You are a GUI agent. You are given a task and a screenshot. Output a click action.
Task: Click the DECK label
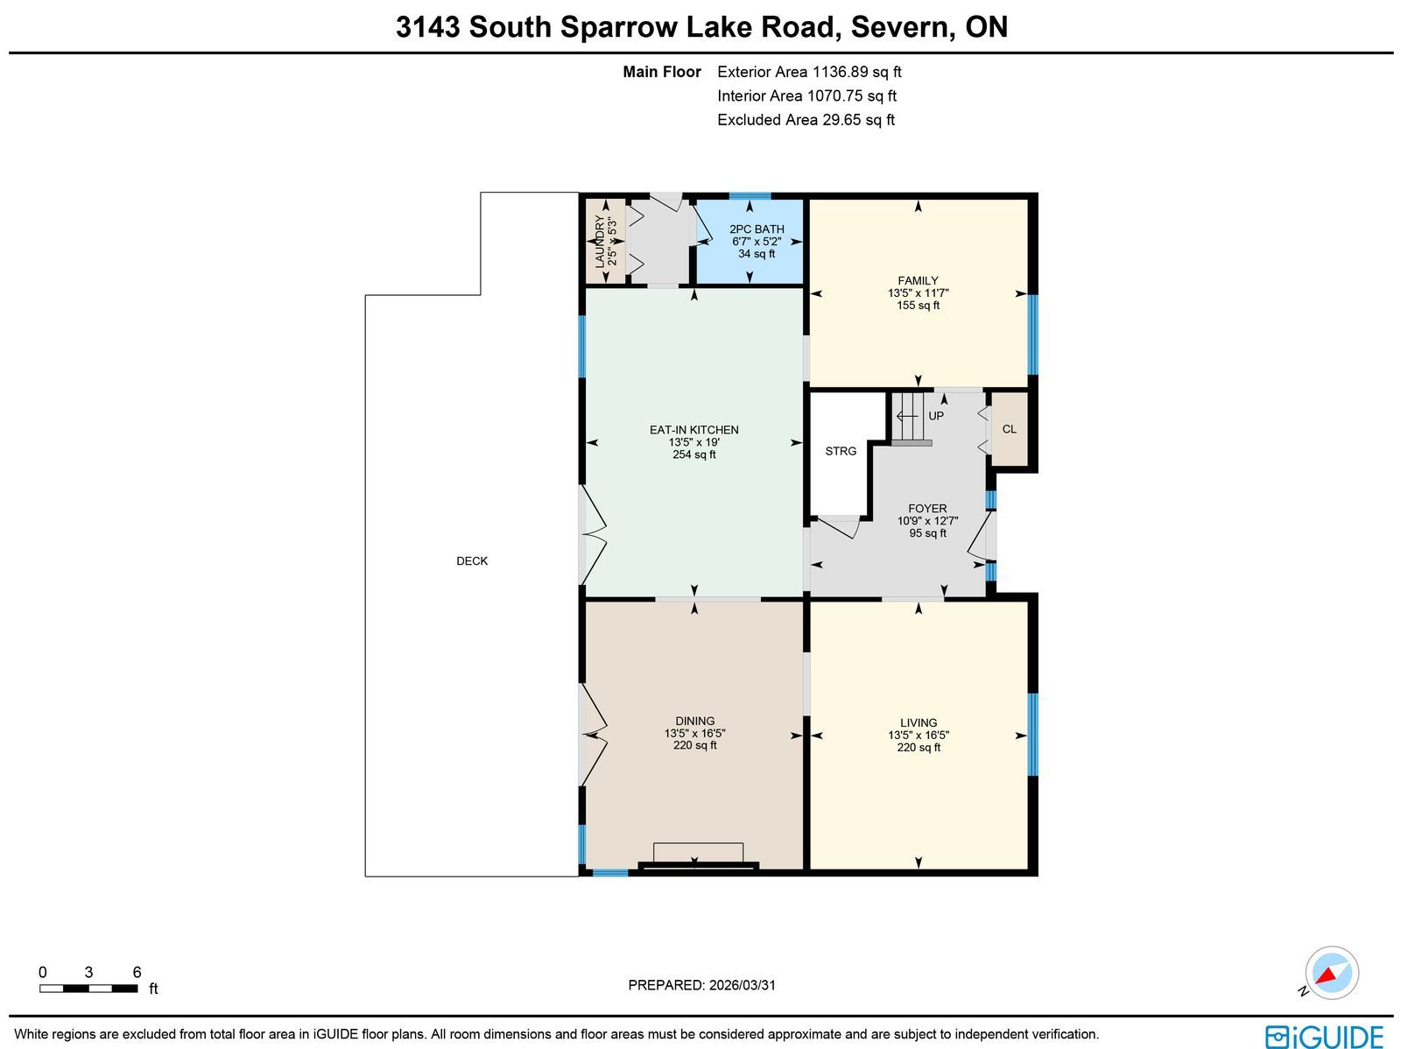472,561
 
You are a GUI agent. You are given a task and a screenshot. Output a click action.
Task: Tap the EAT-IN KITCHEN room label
693,430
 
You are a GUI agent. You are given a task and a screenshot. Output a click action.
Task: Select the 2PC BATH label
757,229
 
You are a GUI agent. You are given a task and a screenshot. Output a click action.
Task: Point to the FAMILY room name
918,281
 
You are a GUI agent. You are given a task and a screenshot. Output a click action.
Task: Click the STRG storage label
841,451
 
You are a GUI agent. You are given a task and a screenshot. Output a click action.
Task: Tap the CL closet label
1009,429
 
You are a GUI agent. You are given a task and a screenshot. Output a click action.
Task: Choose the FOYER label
927,509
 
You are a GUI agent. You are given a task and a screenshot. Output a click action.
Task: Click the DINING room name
694,721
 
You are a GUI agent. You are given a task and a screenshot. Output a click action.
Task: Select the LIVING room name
919,723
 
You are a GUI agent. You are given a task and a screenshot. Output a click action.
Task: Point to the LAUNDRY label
599,241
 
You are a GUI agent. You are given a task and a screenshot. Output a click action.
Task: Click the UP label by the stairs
936,416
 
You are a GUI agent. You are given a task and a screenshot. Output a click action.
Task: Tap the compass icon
1332,973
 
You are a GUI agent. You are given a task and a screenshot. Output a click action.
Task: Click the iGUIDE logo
1324,1036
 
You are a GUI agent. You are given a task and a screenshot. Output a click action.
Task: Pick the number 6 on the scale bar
137,972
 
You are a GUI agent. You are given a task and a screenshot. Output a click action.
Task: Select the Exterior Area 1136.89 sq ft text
809,72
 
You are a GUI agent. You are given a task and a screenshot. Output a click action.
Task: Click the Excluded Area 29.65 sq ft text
806,120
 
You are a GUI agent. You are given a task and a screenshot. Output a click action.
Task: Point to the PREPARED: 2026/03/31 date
701,985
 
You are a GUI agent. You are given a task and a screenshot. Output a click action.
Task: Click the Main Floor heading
662,72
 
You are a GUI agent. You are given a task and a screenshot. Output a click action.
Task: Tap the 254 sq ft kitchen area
693,455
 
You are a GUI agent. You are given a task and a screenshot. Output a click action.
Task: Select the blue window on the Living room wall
1032,734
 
